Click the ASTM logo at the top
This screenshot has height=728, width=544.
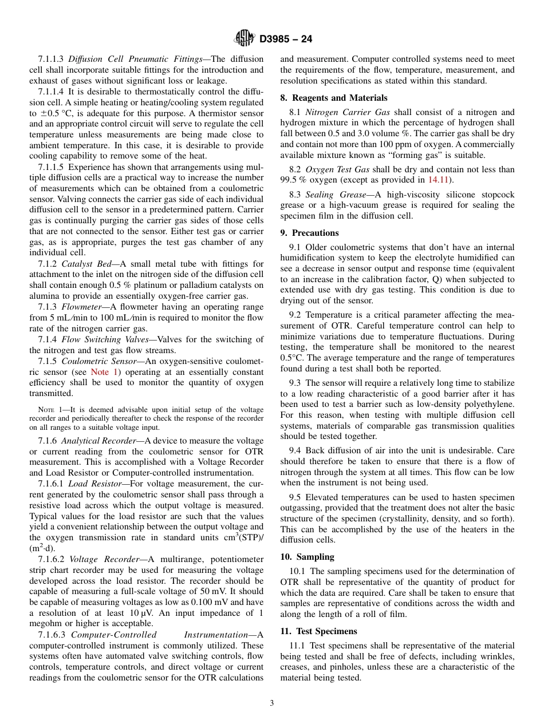point(245,39)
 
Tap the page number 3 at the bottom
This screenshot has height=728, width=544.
point(271,703)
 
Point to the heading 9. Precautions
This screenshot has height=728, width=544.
point(309,233)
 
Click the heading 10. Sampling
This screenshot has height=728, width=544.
point(307,557)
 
